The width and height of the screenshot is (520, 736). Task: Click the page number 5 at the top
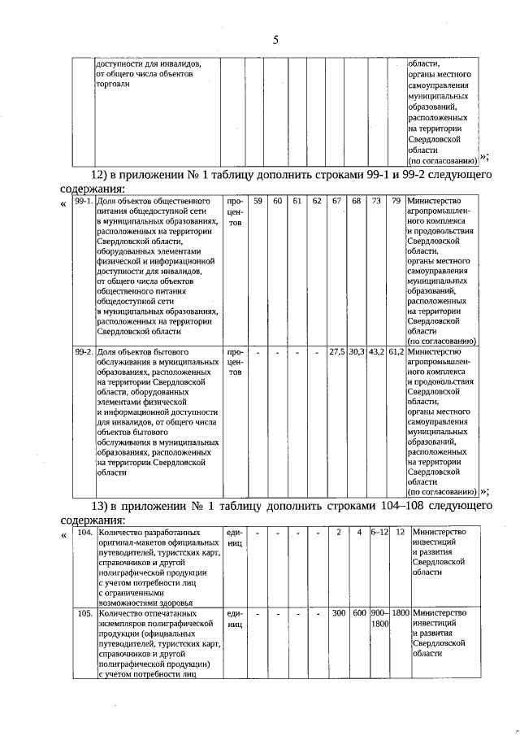click(x=275, y=40)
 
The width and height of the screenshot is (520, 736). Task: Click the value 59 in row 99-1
click(x=257, y=201)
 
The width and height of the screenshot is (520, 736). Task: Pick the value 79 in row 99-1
click(x=396, y=201)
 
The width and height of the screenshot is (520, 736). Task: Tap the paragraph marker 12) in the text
click(x=99, y=176)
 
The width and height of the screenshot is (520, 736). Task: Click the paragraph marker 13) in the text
click(x=99, y=506)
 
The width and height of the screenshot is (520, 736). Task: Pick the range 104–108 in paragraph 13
click(x=396, y=506)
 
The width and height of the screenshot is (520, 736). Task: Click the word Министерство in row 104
click(x=440, y=532)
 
